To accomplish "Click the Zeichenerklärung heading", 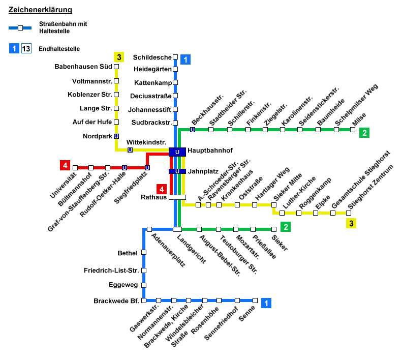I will [x=40, y=10].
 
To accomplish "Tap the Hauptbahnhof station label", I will [x=207, y=151].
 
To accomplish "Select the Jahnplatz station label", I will [x=203, y=171].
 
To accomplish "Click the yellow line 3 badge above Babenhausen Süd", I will [x=119, y=57].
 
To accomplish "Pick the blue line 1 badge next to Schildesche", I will [x=185, y=59].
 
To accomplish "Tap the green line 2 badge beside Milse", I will [x=364, y=133].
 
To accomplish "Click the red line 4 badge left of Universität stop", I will [x=65, y=165].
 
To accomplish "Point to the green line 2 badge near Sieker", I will [x=286, y=227].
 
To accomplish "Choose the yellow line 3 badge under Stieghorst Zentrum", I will [x=351, y=223].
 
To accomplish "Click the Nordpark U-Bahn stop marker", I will [x=116, y=136].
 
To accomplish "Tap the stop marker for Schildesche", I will [x=175, y=57].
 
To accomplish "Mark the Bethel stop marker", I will [x=144, y=252].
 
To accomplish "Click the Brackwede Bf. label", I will [x=116, y=301].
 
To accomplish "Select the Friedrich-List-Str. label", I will [x=111, y=270].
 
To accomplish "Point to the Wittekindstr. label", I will [x=146, y=142].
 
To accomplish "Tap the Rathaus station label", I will [x=156, y=197].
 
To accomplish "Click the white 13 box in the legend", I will [x=26, y=49].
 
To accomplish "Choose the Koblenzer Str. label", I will [x=89, y=95].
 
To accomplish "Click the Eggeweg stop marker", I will [x=144, y=285].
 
